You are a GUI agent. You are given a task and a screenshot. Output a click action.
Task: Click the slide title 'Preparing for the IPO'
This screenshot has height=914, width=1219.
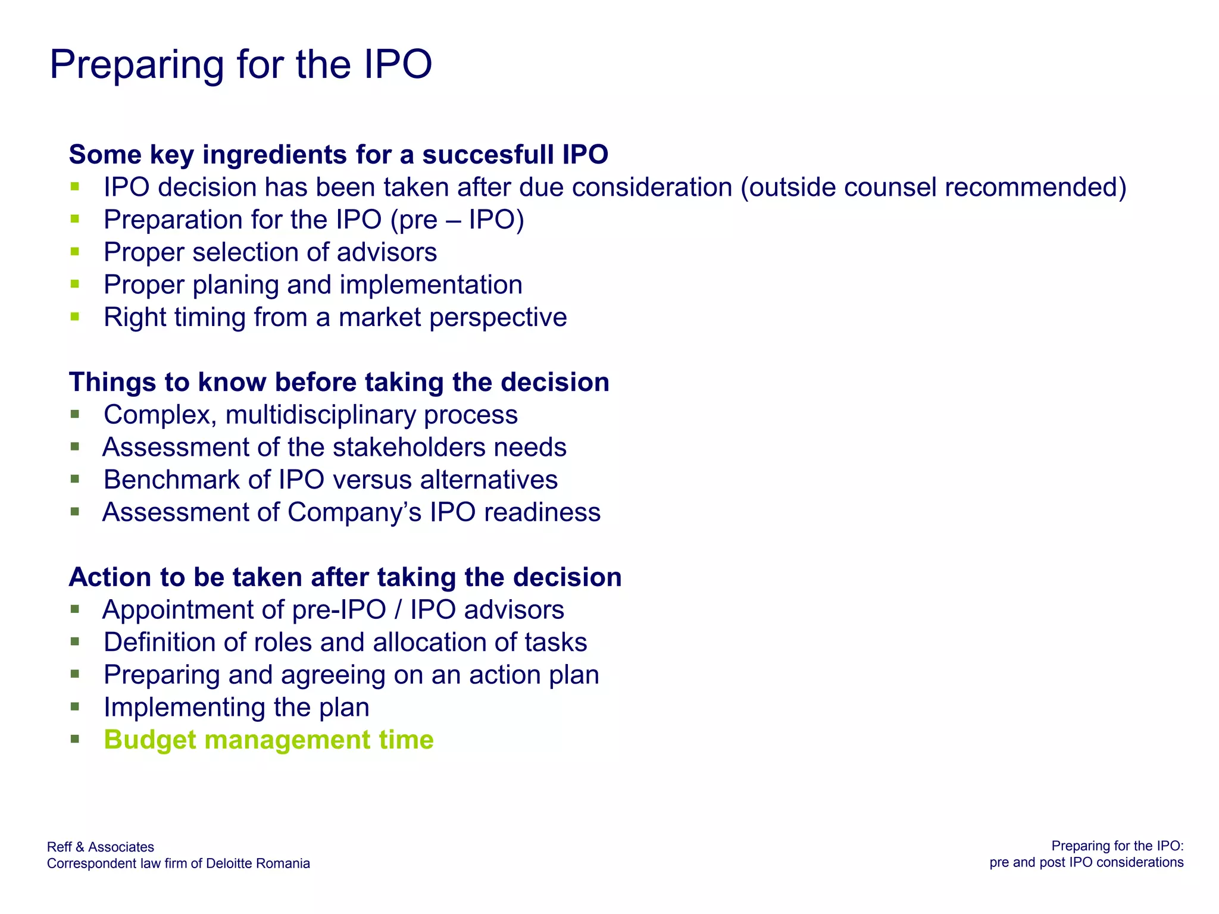pyautogui.click(x=240, y=64)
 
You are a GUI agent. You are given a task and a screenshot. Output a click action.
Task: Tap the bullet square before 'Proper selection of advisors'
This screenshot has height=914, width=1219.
pyautogui.click(x=74, y=252)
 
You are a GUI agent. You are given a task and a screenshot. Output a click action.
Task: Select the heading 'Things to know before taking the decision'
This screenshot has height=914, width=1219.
pyautogui.click(x=339, y=382)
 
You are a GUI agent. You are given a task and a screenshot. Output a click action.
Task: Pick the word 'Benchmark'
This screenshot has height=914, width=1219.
pyautogui.click(x=171, y=480)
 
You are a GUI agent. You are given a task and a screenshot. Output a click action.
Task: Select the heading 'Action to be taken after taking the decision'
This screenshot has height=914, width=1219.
pyautogui.click(x=345, y=577)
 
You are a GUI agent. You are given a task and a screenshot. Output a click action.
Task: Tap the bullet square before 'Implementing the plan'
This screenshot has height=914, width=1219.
pyautogui.click(x=74, y=707)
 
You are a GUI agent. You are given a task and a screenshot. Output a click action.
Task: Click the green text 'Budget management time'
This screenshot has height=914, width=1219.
pyautogui.click(x=268, y=740)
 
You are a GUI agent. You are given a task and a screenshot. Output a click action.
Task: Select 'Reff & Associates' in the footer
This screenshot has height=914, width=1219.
pyautogui.click(x=101, y=847)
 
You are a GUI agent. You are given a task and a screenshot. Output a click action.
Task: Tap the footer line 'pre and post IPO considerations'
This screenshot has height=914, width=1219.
pyautogui.click(x=1086, y=862)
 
